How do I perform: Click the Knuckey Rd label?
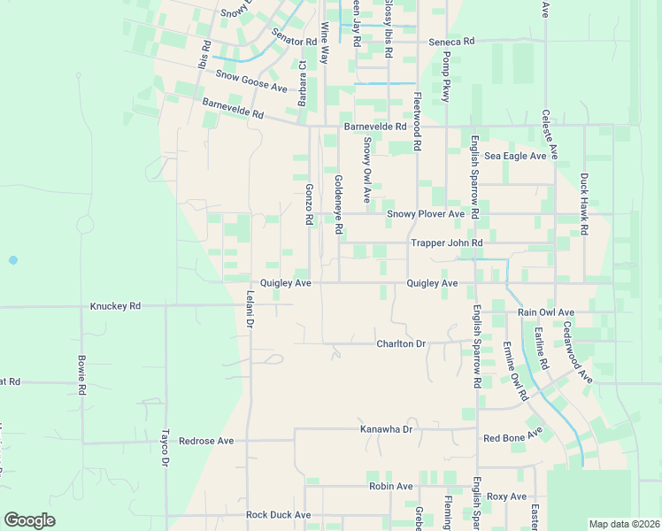click(x=115, y=306)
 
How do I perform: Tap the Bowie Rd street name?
click(x=81, y=375)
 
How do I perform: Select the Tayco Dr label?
click(x=165, y=448)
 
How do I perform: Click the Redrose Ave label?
click(x=206, y=441)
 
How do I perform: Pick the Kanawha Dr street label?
click(x=386, y=429)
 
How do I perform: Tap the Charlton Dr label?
click(x=401, y=343)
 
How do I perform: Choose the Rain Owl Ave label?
click(x=546, y=312)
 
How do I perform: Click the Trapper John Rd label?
click(x=446, y=242)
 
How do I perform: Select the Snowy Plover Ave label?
click(x=425, y=214)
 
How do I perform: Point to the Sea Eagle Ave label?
click(x=515, y=156)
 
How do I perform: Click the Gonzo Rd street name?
click(x=309, y=204)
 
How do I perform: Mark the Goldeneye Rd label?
click(x=338, y=204)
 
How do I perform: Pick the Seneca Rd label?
click(x=451, y=42)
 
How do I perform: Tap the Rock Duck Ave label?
click(x=278, y=514)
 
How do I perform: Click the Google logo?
click(x=29, y=520)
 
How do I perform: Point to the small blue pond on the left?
click(x=12, y=260)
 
